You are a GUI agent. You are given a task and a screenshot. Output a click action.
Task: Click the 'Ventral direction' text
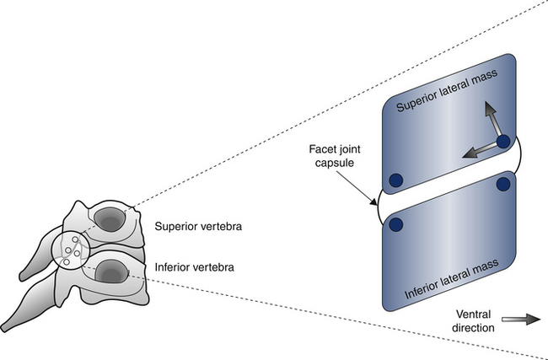[467, 321]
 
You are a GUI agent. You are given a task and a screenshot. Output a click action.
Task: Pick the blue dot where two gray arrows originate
[503, 142]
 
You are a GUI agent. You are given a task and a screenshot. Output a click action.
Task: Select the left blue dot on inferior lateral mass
[395, 223]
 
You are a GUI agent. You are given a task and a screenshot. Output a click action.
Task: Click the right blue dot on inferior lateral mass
[504, 184]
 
